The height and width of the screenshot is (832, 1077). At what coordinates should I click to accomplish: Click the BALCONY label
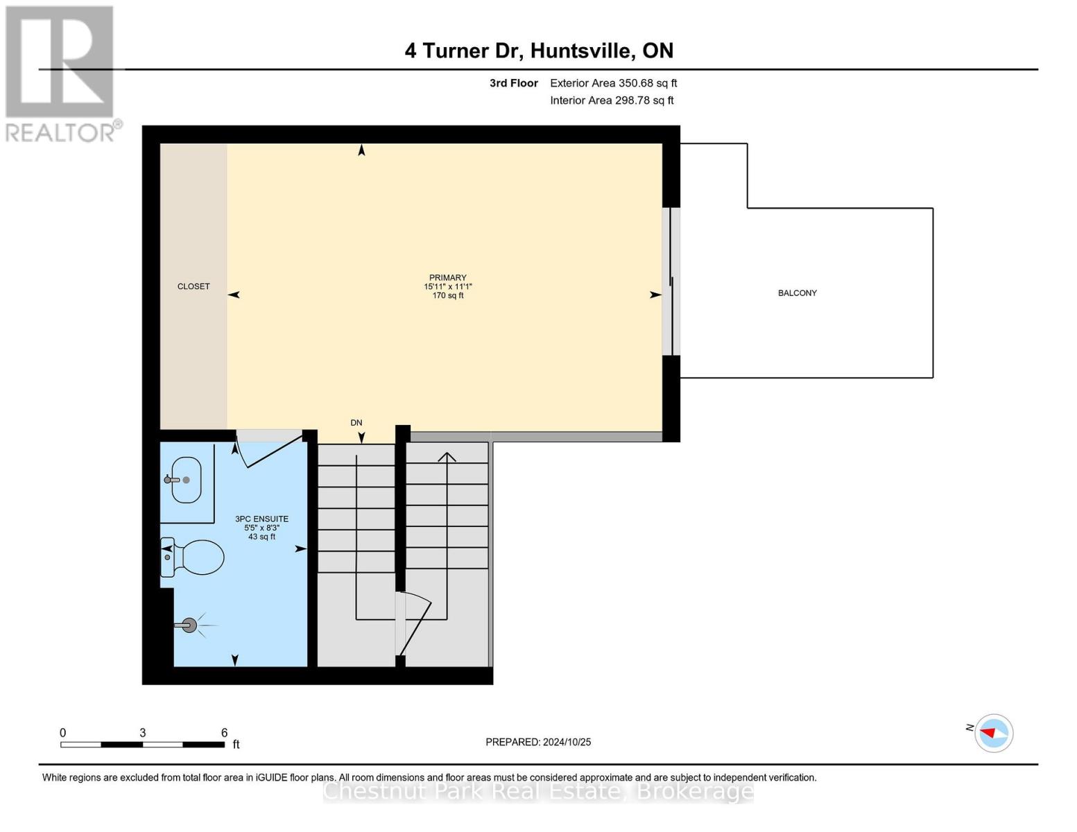coord(797,293)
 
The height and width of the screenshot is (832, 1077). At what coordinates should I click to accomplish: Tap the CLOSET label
coord(193,286)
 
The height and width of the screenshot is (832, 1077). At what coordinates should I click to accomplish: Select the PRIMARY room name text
coord(447,277)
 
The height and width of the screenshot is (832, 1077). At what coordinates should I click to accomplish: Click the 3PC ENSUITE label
coord(261,519)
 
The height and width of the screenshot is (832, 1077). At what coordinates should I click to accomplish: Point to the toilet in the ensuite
coord(195,557)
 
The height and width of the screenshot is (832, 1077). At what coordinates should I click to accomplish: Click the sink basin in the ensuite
coord(186,480)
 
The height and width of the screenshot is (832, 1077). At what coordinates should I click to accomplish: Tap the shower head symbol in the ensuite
coord(189,625)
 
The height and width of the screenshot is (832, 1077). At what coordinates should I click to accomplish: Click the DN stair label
coord(356,422)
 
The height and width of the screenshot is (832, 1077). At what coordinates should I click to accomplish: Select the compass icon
coord(993,733)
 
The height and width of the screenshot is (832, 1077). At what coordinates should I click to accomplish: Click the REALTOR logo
coord(61,73)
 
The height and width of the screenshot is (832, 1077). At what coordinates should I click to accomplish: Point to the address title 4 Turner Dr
coord(539,51)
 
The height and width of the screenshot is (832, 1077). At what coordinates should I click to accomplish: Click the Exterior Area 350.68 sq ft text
coord(613,83)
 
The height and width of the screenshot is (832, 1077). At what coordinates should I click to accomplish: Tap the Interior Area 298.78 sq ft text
coord(612,101)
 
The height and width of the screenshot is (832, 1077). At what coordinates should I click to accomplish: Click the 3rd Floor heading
coord(513,83)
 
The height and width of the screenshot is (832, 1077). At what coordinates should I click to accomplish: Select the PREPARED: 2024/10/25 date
coord(538,742)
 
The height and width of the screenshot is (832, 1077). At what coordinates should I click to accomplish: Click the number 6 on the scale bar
coord(224,733)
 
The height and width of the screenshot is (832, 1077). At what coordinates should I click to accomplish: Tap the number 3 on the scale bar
coord(142,733)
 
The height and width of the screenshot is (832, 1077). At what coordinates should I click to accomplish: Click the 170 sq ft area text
coord(447,296)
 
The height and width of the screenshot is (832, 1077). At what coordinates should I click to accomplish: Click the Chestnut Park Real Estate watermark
coord(538,791)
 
